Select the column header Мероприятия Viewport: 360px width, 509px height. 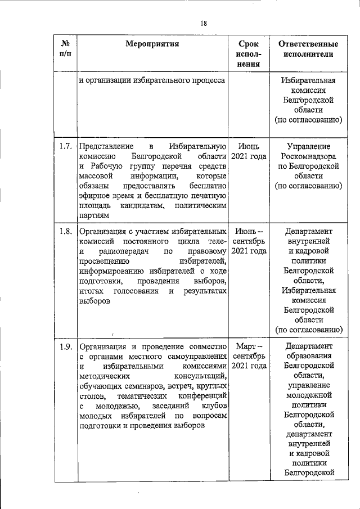coord(152,43)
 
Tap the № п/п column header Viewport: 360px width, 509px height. coord(65,48)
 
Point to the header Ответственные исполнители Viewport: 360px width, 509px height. coord(308,48)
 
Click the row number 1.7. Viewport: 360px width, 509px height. coord(65,147)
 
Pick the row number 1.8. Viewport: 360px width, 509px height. coord(65,231)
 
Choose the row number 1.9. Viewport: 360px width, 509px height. coord(65,346)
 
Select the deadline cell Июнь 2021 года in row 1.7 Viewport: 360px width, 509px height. coord(249,152)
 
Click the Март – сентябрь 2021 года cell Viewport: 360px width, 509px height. coord(249,356)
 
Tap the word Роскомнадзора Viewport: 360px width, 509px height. coord(308,157)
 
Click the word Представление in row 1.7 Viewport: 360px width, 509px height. coord(106,147)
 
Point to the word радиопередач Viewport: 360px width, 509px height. coord(125,251)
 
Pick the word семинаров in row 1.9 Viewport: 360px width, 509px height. coord(148,386)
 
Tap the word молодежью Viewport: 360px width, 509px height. coord(118,407)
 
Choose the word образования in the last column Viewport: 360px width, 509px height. coord(308,356)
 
